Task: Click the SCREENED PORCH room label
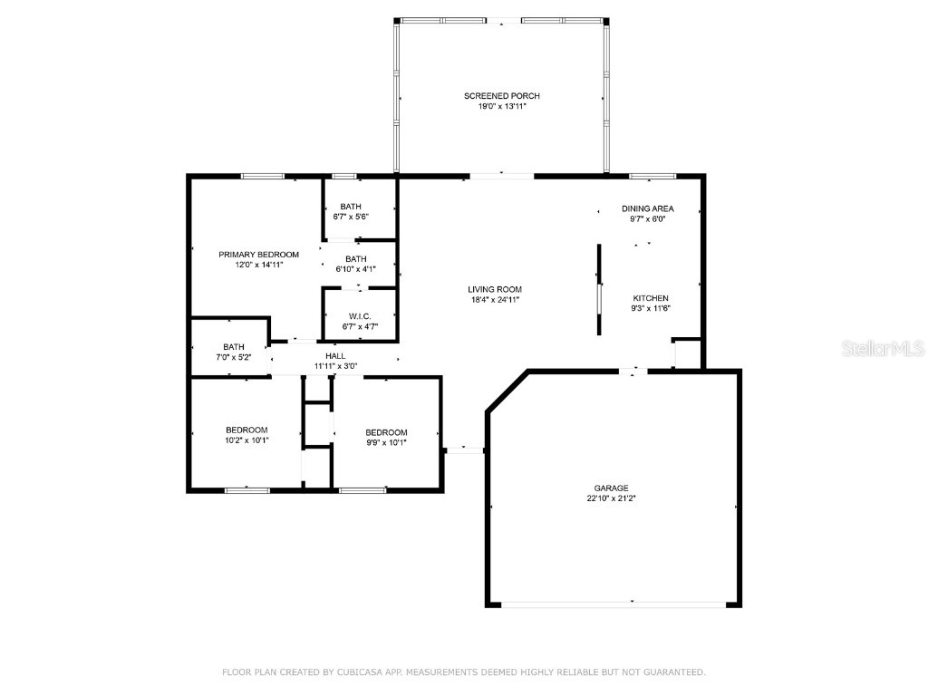tap(502, 96)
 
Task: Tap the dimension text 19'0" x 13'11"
tap(502, 107)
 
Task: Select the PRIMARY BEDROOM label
tap(258, 255)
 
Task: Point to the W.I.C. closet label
tap(361, 315)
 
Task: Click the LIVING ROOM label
tap(495, 289)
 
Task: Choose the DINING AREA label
tap(647, 208)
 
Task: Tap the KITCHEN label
tap(650, 298)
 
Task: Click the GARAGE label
tap(612, 488)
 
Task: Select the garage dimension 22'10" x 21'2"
tap(612, 498)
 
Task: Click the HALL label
tap(335, 356)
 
